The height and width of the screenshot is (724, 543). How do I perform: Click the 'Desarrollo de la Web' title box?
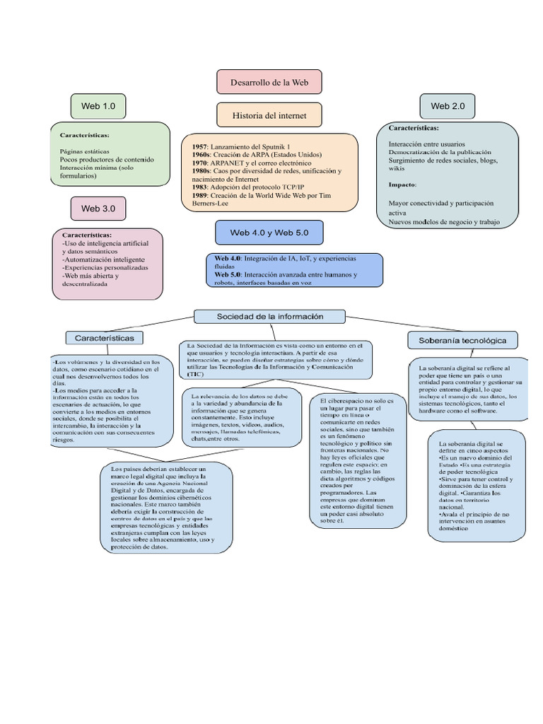pyautogui.click(x=269, y=82)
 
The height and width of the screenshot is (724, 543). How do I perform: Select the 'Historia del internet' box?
pyautogui.click(x=269, y=115)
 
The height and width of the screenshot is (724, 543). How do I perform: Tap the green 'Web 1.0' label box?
pyautogui.click(x=98, y=106)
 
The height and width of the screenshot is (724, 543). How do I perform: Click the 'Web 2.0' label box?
pyautogui.click(x=448, y=106)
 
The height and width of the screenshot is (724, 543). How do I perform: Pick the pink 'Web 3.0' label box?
pyautogui.click(x=98, y=209)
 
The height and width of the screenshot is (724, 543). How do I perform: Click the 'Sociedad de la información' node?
pyautogui.click(x=269, y=315)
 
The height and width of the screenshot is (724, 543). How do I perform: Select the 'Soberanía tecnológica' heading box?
pyautogui.click(x=462, y=340)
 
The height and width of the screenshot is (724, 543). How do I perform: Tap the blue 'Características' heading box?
pyautogui.click(x=104, y=338)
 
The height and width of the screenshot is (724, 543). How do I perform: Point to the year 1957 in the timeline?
pyautogui.click(x=200, y=146)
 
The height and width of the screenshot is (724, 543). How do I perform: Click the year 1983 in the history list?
pyautogui.click(x=200, y=187)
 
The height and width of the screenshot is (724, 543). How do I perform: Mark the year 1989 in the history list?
pyautogui.click(x=200, y=196)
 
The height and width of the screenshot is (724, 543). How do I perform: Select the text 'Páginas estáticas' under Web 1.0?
pyautogui.click(x=85, y=151)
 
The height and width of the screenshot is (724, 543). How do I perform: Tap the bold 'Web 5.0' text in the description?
pyautogui.click(x=228, y=274)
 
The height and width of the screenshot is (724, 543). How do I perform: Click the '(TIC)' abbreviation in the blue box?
pyautogui.click(x=195, y=374)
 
